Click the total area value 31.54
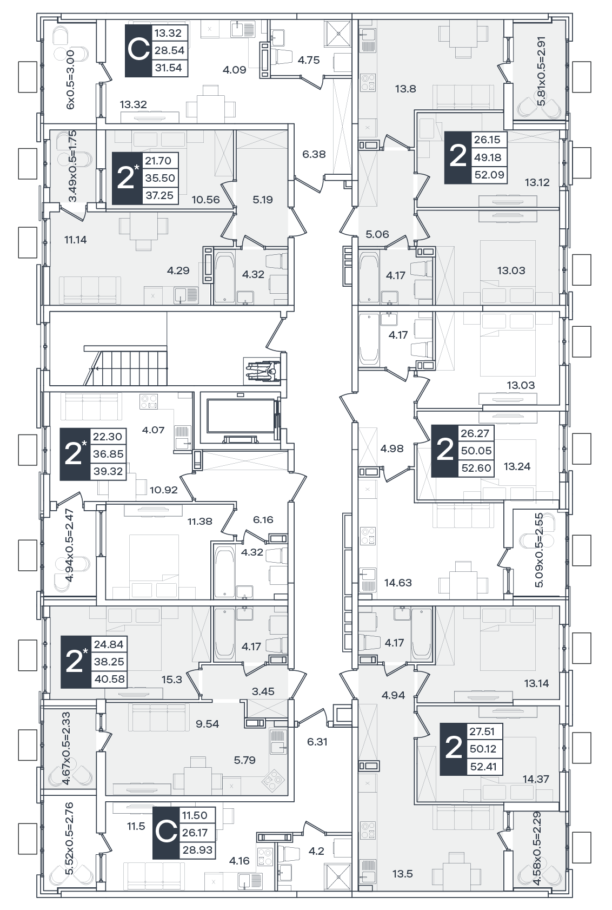[x=168, y=68]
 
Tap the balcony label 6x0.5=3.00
[x=71, y=80]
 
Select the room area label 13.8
[x=405, y=89]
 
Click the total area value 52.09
[x=489, y=175]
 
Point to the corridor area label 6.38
[x=314, y=154]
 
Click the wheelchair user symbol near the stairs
[x=262, y=371]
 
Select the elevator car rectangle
[x=241, y=417]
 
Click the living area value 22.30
[x=108, y=436]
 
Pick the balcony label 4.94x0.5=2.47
[x=69, y=545]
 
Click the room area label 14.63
[x=398, y=583]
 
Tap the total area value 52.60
[x=476, y=468]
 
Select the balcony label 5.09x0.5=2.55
[x=538, y=550]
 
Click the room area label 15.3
[x=172, y=679]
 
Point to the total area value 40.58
[x=110, y=679]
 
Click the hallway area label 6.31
[x=317, y=741]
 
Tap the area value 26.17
[x=195, y=833]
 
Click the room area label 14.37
[x=536, y=779]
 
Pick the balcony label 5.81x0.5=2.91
[x=541, y=71]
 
